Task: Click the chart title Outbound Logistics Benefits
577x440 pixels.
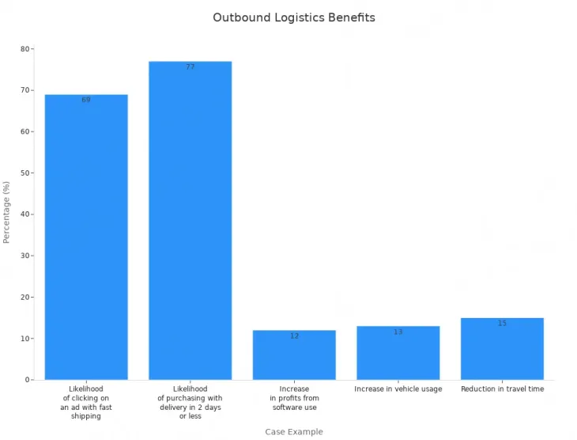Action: (x=294, y=17)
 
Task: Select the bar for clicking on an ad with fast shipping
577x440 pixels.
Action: (x=86, y=237)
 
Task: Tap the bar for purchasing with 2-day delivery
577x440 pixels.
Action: (x=190, y=221)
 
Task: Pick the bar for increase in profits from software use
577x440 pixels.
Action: (x=294, y=355)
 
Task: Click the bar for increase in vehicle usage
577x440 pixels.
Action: (x=398, y=353)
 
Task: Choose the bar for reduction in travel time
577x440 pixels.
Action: (x=502, y=349)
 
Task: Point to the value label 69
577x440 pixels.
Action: (x=86, y=101)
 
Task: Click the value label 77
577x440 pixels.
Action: (x=190, y=67)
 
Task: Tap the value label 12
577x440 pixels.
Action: (x=294, y=336)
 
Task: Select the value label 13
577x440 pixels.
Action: (x=398, y=332)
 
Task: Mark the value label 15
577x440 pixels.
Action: (x=502, y=324)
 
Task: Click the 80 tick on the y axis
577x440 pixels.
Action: (x=25, y=49)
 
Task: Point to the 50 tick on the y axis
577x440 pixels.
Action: (x=25, y=173)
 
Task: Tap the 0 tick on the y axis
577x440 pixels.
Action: (x=27, y=380)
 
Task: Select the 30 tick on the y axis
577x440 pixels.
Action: (x=25, y=256)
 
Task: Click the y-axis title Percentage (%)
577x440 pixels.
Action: (x=7, y=212)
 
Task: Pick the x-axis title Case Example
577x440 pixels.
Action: (x=294, y=432)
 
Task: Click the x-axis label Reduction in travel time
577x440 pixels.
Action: (x=502, y=389)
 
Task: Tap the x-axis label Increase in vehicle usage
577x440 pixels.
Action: (x=398, y=389)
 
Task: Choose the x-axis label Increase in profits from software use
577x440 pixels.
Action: (x=294, y=398)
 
